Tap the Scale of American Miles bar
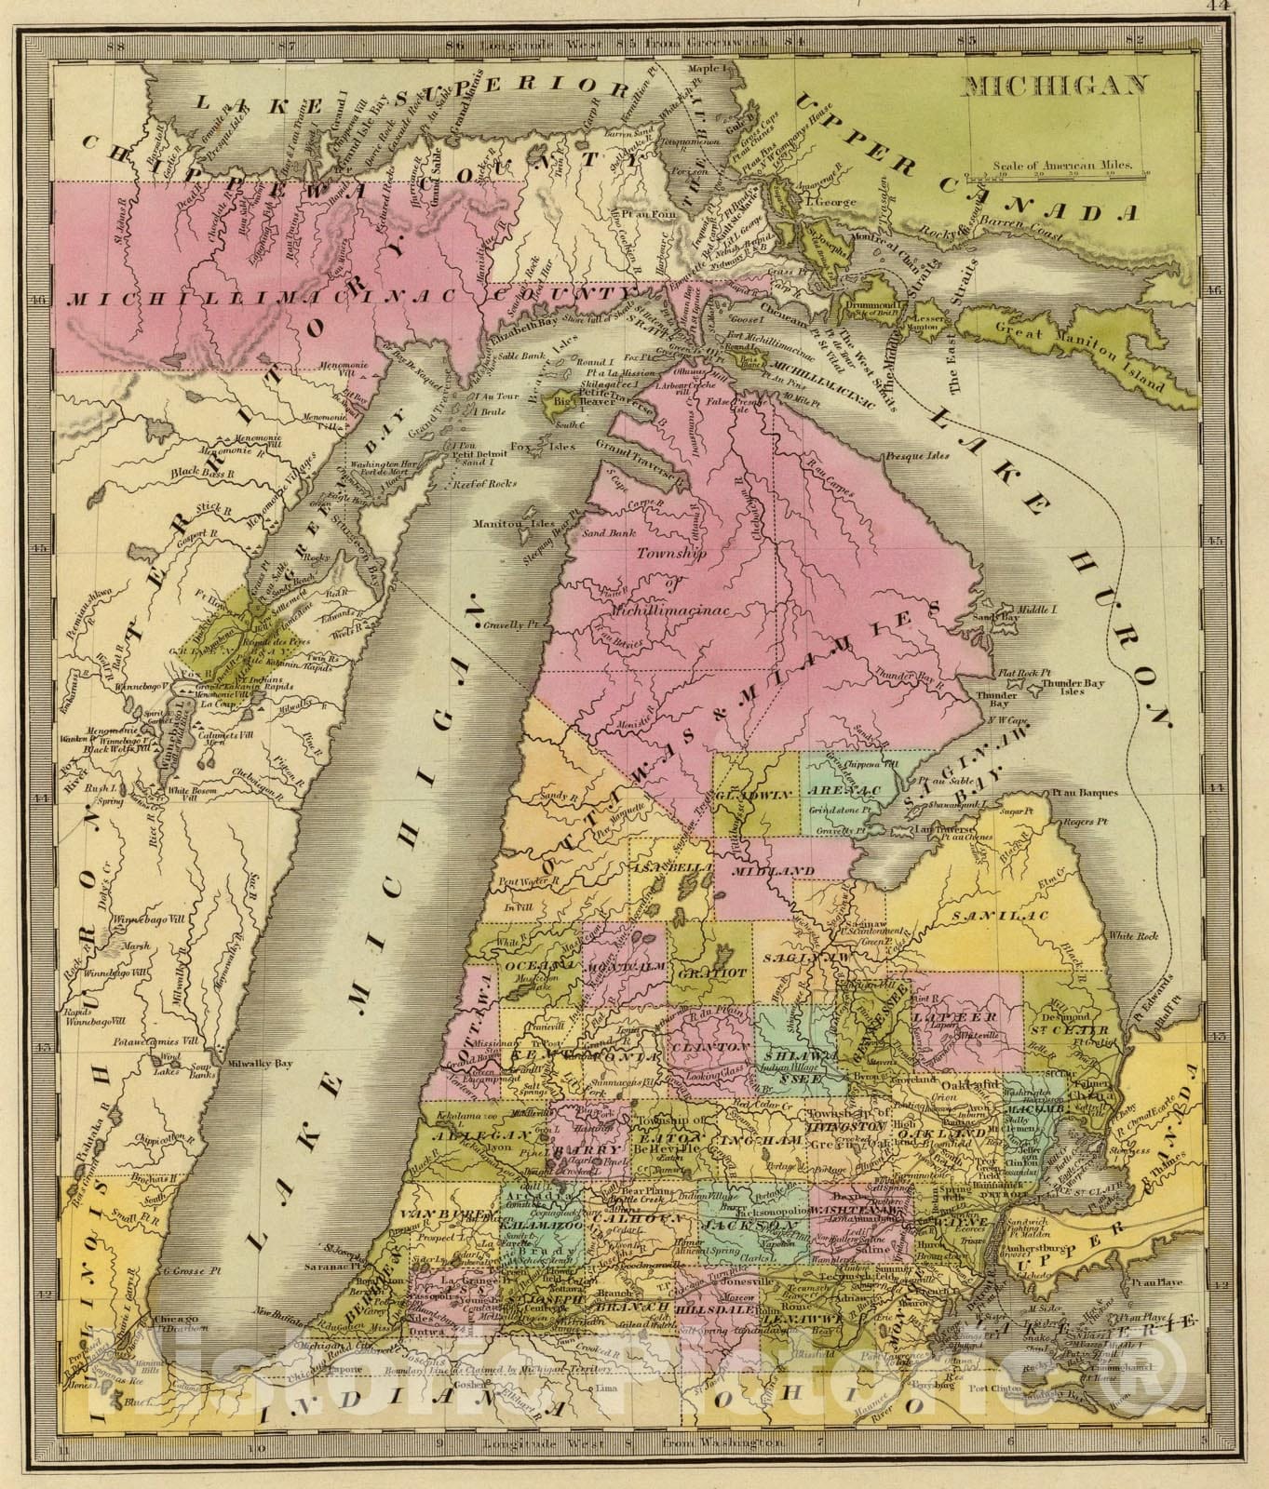click(1057, 173)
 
